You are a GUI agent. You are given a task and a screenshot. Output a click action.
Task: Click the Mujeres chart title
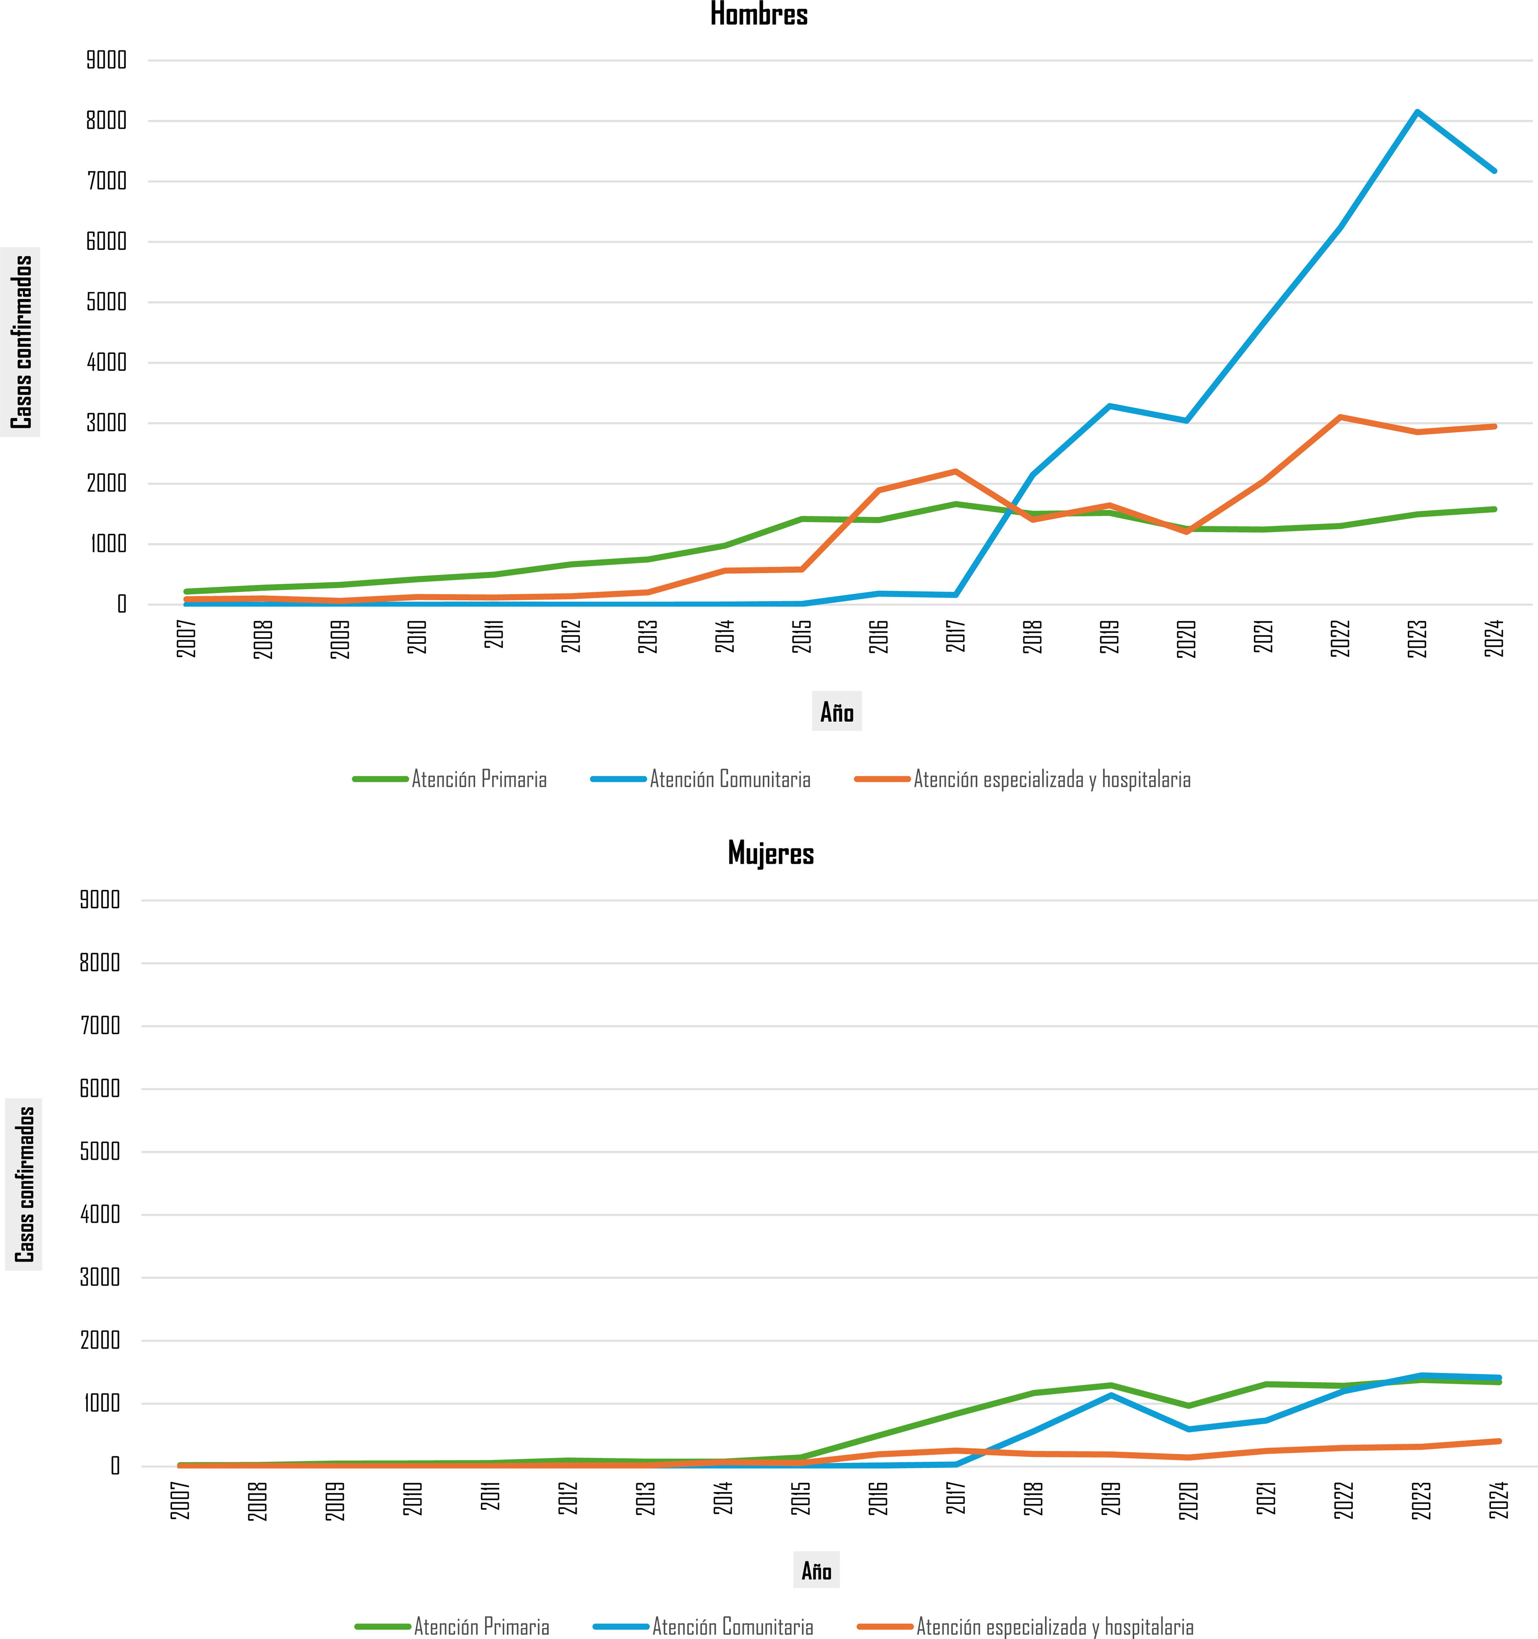(x=770, y=854)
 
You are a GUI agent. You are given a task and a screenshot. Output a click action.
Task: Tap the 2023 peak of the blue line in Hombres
(x=1417, y=112)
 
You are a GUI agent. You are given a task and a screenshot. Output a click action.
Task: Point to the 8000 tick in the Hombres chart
(x=107, y=120)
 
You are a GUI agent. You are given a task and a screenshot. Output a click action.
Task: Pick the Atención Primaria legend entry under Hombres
(x=450, y=779)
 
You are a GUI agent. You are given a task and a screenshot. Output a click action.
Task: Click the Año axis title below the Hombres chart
(x=836, y=711)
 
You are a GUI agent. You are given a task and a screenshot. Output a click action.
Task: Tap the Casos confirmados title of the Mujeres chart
(x=25, y=1184)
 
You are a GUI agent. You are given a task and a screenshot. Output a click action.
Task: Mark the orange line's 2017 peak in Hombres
(x=955, y=471)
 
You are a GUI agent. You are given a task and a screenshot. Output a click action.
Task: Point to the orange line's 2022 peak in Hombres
(x=1340, y=417)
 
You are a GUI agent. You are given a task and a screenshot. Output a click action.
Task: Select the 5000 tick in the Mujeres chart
(x=100, y=1152)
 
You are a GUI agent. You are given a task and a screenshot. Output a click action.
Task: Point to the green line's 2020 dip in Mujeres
(x=1188, y=1406)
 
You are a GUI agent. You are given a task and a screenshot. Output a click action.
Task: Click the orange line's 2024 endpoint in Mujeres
(x=1499, y=1441)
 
